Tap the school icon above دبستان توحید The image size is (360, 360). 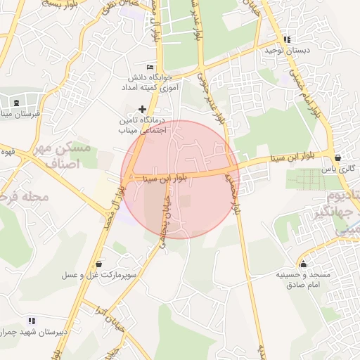pyautogui.click(x=286, y=39)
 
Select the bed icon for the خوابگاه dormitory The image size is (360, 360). pyautogui.click(x=150, y=66)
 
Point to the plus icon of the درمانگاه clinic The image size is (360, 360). pyautogui.click(x=143, y=109)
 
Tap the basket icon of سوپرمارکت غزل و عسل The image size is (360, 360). pyautogui.click(x=98, y=264)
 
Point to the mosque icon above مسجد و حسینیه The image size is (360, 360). pyautogui.click(x=303, y=264)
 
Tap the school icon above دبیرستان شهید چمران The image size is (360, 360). pyautogui.click(x=32, y=320)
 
